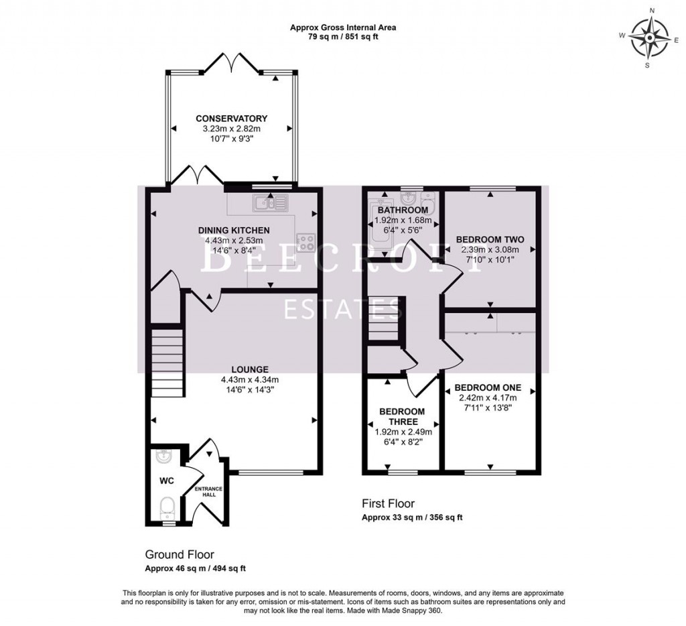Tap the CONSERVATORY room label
(231, 119)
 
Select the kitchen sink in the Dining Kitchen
(270, 202)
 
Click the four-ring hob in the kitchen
(305, 243)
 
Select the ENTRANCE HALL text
(209, 491)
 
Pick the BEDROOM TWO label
(490, 239)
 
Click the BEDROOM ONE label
(488, 387)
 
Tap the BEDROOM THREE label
(402, 417)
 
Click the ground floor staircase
(167, 363)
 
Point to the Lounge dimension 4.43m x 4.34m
(250, 379)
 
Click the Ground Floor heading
(180, 555)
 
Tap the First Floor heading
(389, 503)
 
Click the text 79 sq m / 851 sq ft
(344, 37)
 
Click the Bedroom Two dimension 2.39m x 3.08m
(490, 249)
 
